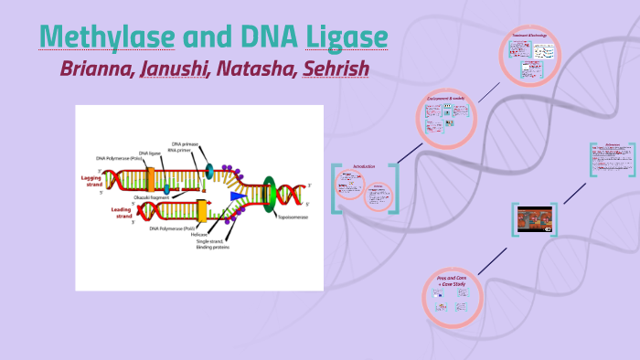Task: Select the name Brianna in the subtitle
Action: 95,69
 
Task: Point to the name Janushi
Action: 174,69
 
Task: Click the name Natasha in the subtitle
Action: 252,69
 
